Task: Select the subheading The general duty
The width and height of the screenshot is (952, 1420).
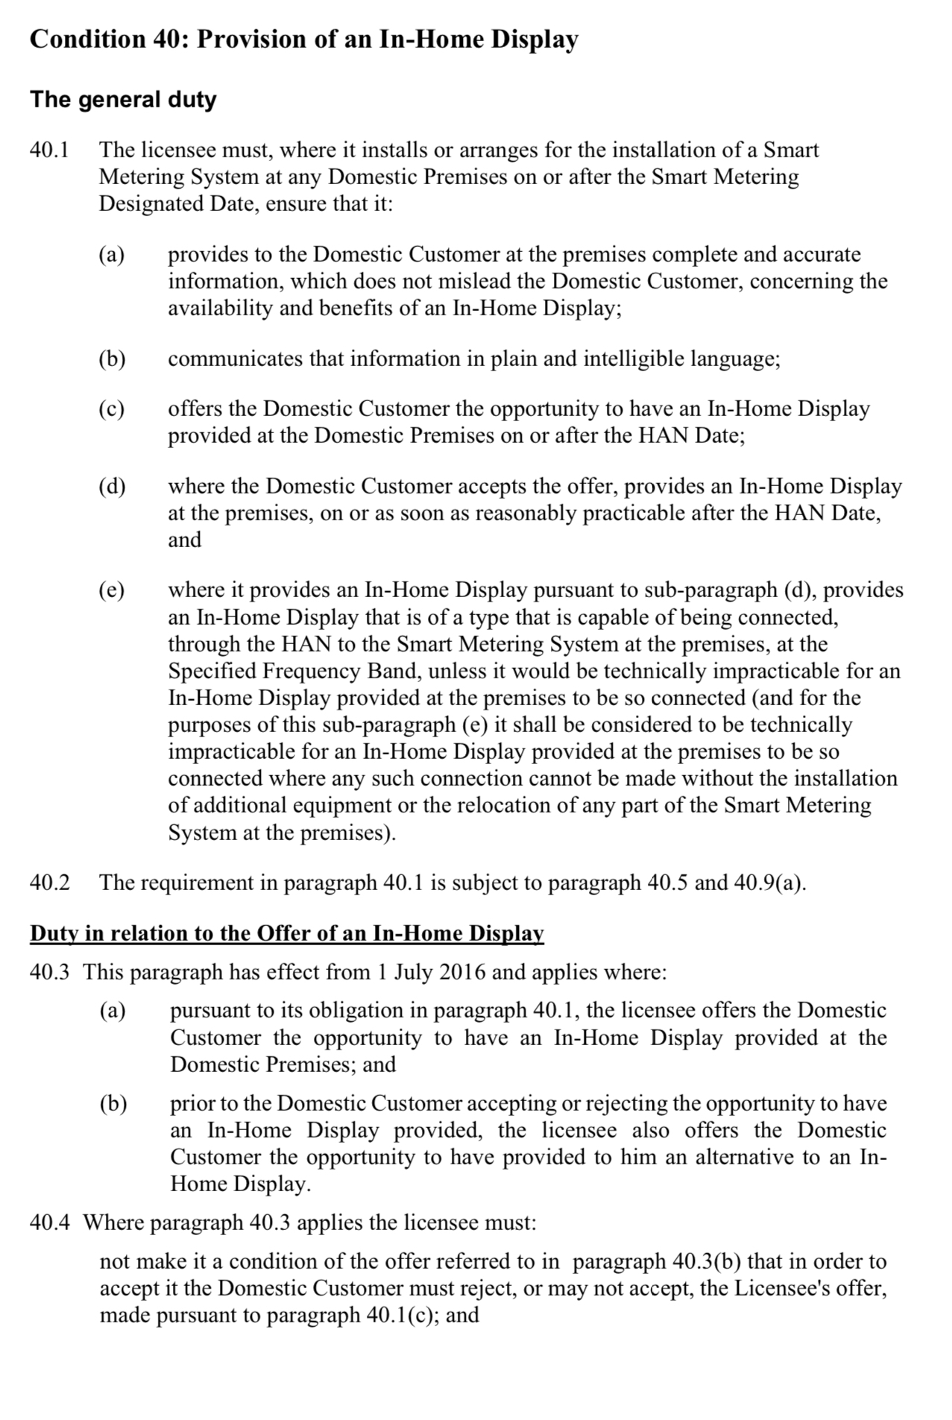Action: click(123, 99)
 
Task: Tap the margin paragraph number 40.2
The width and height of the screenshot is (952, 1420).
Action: click(49, 883)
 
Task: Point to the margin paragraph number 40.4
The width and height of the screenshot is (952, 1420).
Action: click(49, 1222)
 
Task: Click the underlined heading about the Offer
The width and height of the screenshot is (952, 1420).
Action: click(287, 933)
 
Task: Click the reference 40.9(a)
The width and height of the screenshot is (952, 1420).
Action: click(769, 883)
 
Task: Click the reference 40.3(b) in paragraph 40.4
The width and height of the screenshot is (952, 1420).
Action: click(706, 1261)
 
